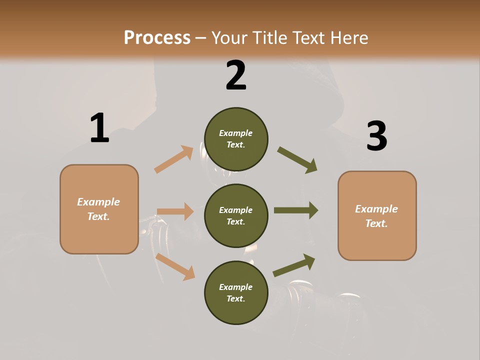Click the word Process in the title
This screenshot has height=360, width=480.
pos(157,37)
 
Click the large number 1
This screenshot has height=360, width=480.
pos(99,128)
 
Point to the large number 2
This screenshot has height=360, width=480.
pos(236,75)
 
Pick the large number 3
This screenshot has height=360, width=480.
pos(376,137)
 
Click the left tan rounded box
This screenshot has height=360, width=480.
pos(99,209)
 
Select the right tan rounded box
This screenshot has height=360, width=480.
pos(377,216)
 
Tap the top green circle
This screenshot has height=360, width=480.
pos(236,139)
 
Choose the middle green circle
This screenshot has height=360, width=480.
pos(236,216)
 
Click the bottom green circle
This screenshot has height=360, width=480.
pos(236,293)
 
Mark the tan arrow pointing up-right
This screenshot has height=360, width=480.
pos(174,159)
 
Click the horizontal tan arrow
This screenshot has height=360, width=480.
pos(175,211)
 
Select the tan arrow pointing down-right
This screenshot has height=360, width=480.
pos(175,266)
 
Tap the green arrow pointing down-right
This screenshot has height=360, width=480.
pos(297,160)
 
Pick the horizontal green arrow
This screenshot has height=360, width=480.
pos(295,210)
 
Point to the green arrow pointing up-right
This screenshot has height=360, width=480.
pos(294,265)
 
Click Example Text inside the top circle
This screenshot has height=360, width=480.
pos(236,139)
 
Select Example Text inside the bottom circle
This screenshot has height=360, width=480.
pos(236,293)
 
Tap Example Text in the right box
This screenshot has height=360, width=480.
pos(377,216)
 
